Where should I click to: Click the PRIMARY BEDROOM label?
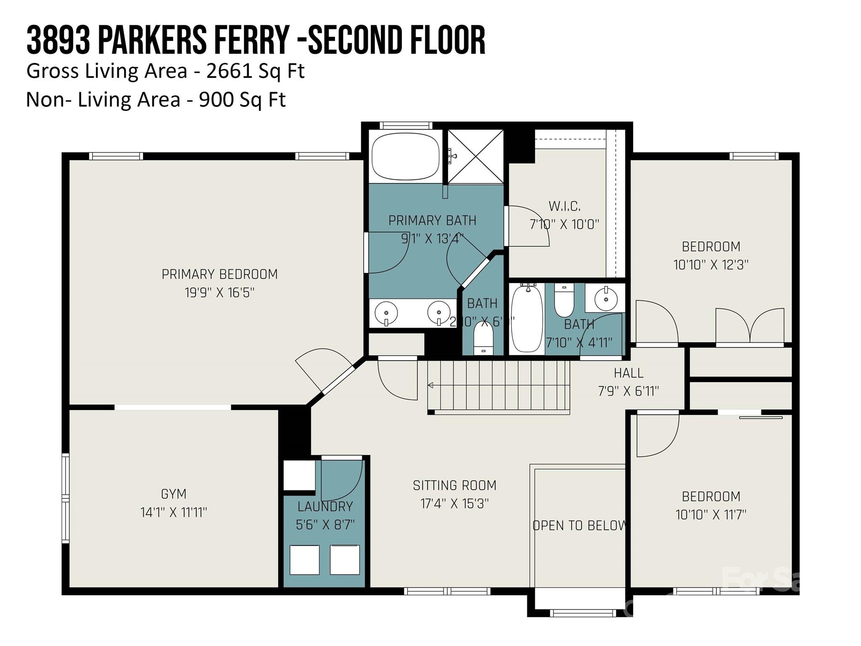219,274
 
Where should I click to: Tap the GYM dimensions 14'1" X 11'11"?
174,512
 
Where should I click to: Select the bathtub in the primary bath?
405,156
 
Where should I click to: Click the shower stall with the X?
475,156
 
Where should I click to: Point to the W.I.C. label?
564,206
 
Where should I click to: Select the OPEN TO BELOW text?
579,526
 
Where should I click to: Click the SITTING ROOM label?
454,485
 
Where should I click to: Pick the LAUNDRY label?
325,506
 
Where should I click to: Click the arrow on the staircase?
431,385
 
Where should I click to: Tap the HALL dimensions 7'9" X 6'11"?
628,391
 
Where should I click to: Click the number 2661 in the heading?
229,71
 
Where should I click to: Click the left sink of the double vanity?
386,313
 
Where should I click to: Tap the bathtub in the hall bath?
527,318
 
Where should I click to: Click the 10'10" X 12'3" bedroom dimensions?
710,265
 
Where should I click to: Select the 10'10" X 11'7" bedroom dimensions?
710,514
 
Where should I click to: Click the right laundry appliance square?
345,559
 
